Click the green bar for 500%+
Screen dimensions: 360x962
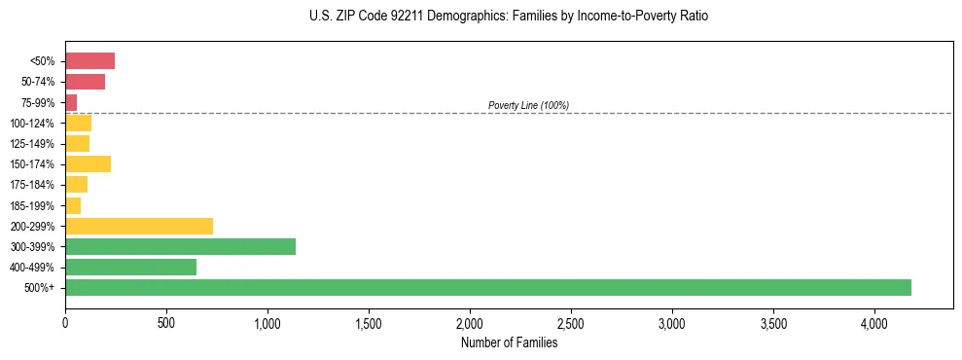(x=487, y=287)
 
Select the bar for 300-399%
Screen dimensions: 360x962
(x=180, y=246)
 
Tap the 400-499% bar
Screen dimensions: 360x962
(x=130, y=267)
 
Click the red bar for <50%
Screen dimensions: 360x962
(x=89, y=61)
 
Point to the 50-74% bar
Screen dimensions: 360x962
(x=85, y=82)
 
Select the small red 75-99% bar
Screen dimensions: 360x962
(x=71, y=102)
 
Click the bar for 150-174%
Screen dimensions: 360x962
(x=88, y=163)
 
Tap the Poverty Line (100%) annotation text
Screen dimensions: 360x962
(x=528, y=105)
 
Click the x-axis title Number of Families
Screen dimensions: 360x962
(x=509, y=342)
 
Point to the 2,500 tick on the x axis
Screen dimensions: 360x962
(x=571, y=322)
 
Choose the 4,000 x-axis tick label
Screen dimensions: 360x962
(x=874, y=322)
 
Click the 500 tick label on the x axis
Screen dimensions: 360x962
(x=166, y=322)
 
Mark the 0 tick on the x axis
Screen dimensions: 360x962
(x=65, y=322)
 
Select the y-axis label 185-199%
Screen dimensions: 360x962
(x=32, y=205)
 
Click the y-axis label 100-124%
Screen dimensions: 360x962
(x=32, y=124)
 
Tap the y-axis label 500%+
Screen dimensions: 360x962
(x=40, y=288)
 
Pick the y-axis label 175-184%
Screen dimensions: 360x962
(x=32, y=185)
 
